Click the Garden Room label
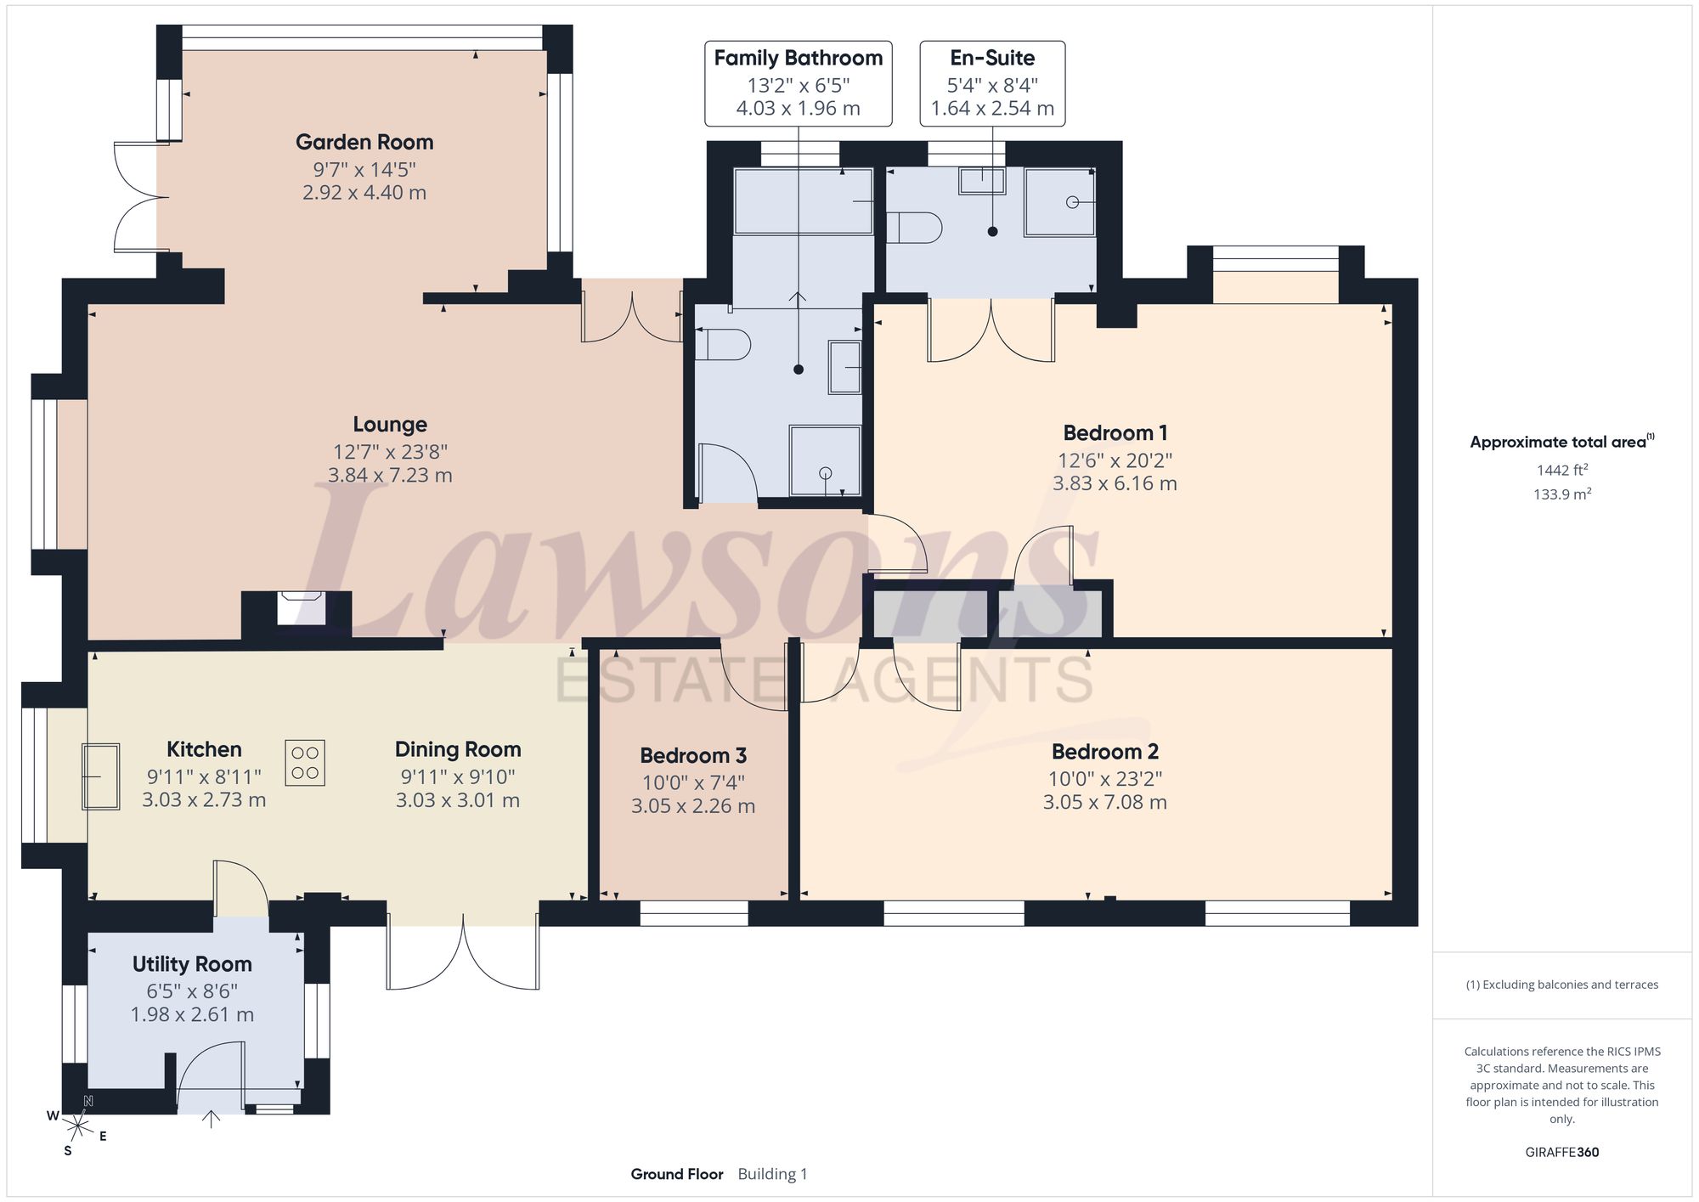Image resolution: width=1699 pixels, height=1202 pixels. [x=364, y=142]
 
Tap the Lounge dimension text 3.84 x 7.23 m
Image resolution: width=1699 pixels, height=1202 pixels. [x=390, y=475]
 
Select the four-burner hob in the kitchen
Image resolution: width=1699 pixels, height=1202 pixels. [x=305, y=762]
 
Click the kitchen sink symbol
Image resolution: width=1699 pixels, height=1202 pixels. [x=100, y=776]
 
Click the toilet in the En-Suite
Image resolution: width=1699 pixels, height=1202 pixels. [x=914, y=229]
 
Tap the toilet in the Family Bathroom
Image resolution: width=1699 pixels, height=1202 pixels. [x=723, y=344]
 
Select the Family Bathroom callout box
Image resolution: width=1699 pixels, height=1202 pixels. [x=799, y=83]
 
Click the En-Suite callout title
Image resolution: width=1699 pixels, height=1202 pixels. [x=992, y=58]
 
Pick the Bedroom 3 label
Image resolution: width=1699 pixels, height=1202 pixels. [x=693, y=755]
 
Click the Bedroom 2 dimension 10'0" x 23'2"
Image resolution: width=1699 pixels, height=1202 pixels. [x=1105, y=779]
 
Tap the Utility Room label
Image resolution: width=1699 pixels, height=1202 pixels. [x=192, y=964]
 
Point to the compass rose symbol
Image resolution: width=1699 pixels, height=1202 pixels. [x=78, y=1126]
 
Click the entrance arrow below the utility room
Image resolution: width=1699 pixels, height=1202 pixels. [x=211, y=1119]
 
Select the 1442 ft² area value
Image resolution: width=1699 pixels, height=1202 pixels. [x=1562, y=470]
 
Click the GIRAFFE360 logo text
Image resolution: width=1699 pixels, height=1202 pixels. [x=1562, y=1153]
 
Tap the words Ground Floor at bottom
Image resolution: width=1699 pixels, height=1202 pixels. [x=677, y=1174]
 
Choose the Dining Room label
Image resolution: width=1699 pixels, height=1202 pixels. [x=458, y=749]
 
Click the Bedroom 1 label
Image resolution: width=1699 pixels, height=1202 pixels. [x=1115, y=432]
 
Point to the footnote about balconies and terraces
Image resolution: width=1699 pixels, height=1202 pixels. [x=1562, y=985]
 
